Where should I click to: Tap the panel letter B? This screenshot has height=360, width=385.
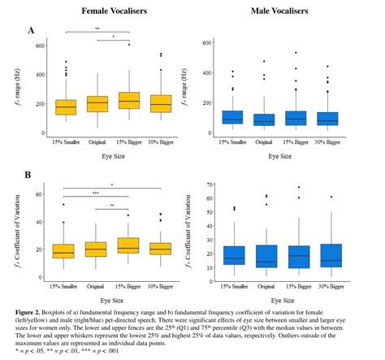click(x=31, y=174)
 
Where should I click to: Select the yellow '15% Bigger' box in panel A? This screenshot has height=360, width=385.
click(x=128, y=100)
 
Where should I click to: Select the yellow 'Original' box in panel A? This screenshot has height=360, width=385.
click(x=97, y=103)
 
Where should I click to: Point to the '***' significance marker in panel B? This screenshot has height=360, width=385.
click(x=95, y=193)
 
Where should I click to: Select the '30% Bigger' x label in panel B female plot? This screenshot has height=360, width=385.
click(x=159, y=284)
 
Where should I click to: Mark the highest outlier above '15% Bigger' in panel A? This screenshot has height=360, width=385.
click(x=128, y=45)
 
